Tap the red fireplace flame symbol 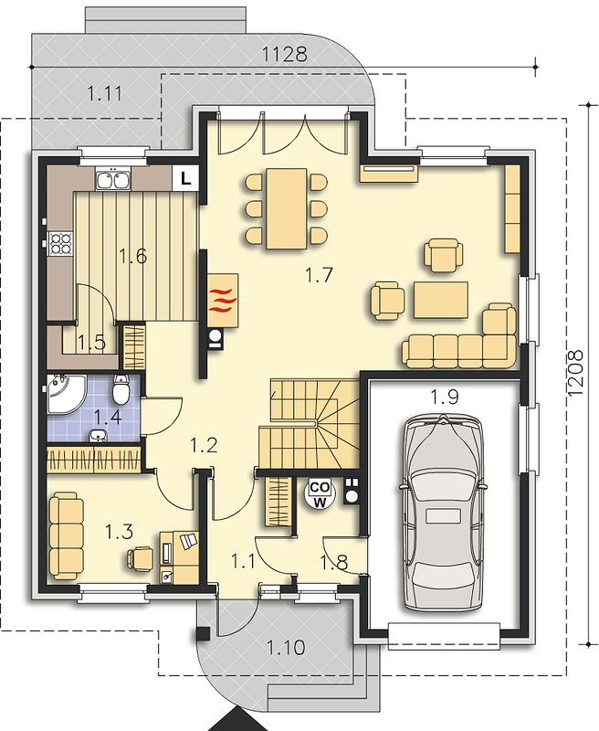pyautogui.click(x=221, y=301)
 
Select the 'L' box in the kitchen pyautogui.click(x=185, y=178)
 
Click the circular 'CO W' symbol pyautogui.click(x=319, y=494)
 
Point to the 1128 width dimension pyautogui.click(x=285, y=55)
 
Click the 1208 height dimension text pyautogui.click(x=575, y=373)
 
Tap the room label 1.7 pyautogui.click(x=319, y=275)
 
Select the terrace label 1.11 pyautogui.click(x=105, y=94)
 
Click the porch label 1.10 pyautogui.click(x=286, y=648)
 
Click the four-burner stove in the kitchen pyautogui.click(x=61, y=243)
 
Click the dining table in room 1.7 pyautogui.click(x=286, y=208)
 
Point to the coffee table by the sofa pyautogui.click(x=441, y=301)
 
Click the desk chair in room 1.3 pyautogui.click(x=141, y=558)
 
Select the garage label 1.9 pyautogui.click(x=445, y=397)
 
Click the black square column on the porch pyautogui.click(x=203, y=633)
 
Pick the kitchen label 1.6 pyautogui.click(x=132, y=256)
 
